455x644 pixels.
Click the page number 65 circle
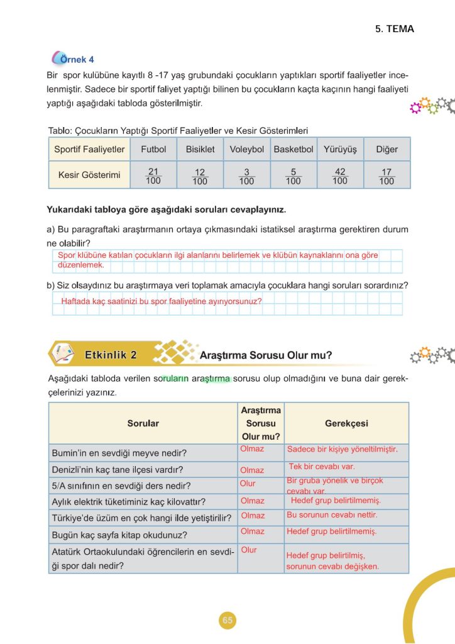(227, 621)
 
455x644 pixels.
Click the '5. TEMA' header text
(395, 29)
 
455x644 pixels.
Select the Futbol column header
(153, 150)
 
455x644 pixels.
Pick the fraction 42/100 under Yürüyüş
(339, 176)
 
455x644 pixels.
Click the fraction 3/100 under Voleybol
(246, 176)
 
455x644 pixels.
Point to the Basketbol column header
(293, 150)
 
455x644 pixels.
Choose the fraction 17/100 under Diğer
(386, 176)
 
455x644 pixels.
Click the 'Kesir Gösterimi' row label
(89, 175)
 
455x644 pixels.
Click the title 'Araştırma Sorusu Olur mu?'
(265, 355)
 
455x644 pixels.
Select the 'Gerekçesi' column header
(346, 423)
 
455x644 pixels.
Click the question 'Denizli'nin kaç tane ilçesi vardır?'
(116, 469)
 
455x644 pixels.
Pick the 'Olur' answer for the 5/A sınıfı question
(248, 484)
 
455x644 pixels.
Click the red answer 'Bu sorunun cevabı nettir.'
(332, 514)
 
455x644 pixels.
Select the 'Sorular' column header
(143, 423)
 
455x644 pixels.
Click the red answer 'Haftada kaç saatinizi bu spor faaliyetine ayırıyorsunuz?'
(161, 301)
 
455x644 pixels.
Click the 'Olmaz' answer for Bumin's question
(252, 449)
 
